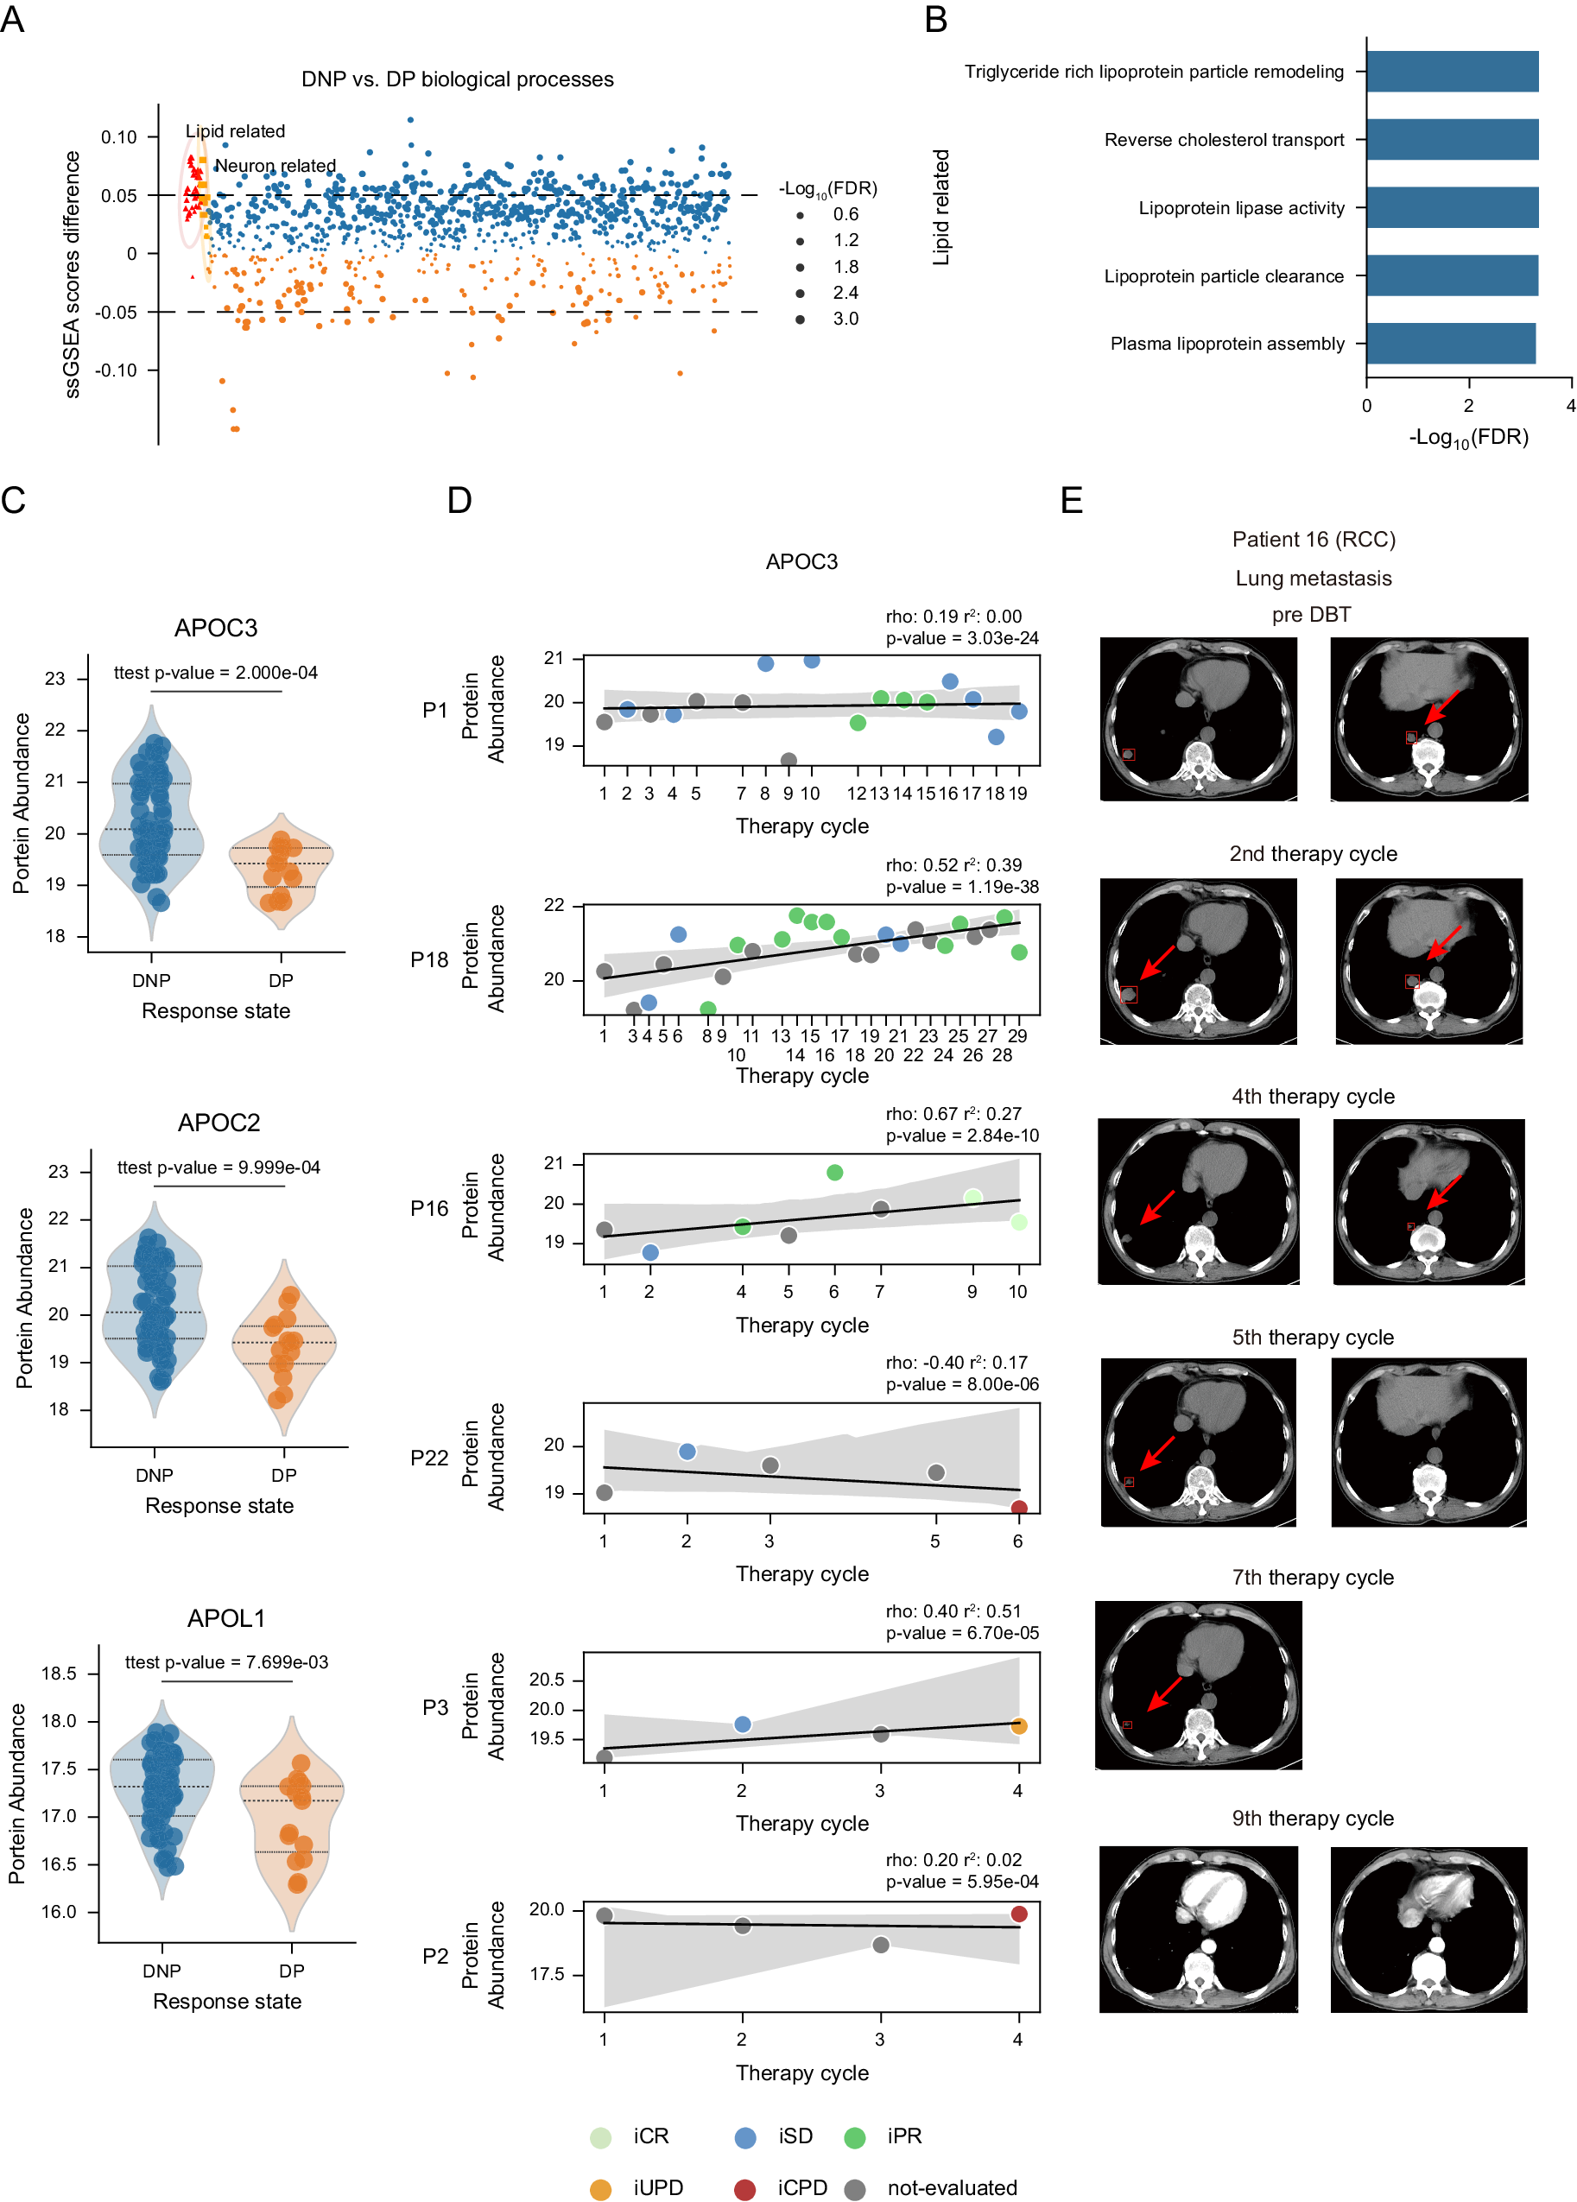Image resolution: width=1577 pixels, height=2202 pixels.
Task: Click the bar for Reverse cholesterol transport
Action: (x=1451, y=140)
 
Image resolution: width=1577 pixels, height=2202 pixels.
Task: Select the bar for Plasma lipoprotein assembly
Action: (x=1450, y=344)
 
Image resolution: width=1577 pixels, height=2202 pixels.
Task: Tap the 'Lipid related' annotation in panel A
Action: (x=235, y=131)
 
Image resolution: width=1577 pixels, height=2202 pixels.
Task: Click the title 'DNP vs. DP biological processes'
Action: (x=458, y=79)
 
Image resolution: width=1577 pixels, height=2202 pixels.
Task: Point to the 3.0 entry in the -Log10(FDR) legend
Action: (x=845, y=319)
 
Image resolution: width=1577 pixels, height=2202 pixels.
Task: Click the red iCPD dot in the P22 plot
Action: (x=1018, y=1509)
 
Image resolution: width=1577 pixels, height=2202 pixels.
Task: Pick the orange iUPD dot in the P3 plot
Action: (x=1018, y=1726)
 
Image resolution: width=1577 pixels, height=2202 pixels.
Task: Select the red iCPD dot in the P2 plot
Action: (x=1018, y=1914)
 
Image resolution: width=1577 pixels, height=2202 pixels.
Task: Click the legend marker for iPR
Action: (x=854, y=2137)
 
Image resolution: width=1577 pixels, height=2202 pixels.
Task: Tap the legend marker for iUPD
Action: (x=601, y=2188)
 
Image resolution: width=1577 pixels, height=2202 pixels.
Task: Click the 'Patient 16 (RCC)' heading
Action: (x=1313, y=540)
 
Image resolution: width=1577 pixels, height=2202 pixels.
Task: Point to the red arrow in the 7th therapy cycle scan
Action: (x=1164, y=1694)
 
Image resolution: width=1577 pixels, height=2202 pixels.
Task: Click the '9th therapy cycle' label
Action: (x=1313, y=1819)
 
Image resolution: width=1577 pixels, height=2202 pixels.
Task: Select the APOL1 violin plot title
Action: (x=226, y=1618)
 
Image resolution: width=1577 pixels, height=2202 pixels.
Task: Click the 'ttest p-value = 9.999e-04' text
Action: (x=218, y=1167)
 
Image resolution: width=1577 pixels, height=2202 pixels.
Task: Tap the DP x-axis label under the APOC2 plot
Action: (x=283, y=1475)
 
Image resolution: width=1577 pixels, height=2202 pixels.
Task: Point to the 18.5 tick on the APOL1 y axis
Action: (x=58, y=1674)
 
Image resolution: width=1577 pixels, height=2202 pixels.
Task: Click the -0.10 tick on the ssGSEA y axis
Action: (x=116, y=370)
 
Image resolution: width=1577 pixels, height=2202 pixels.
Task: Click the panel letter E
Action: (x=1071, y=501)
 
